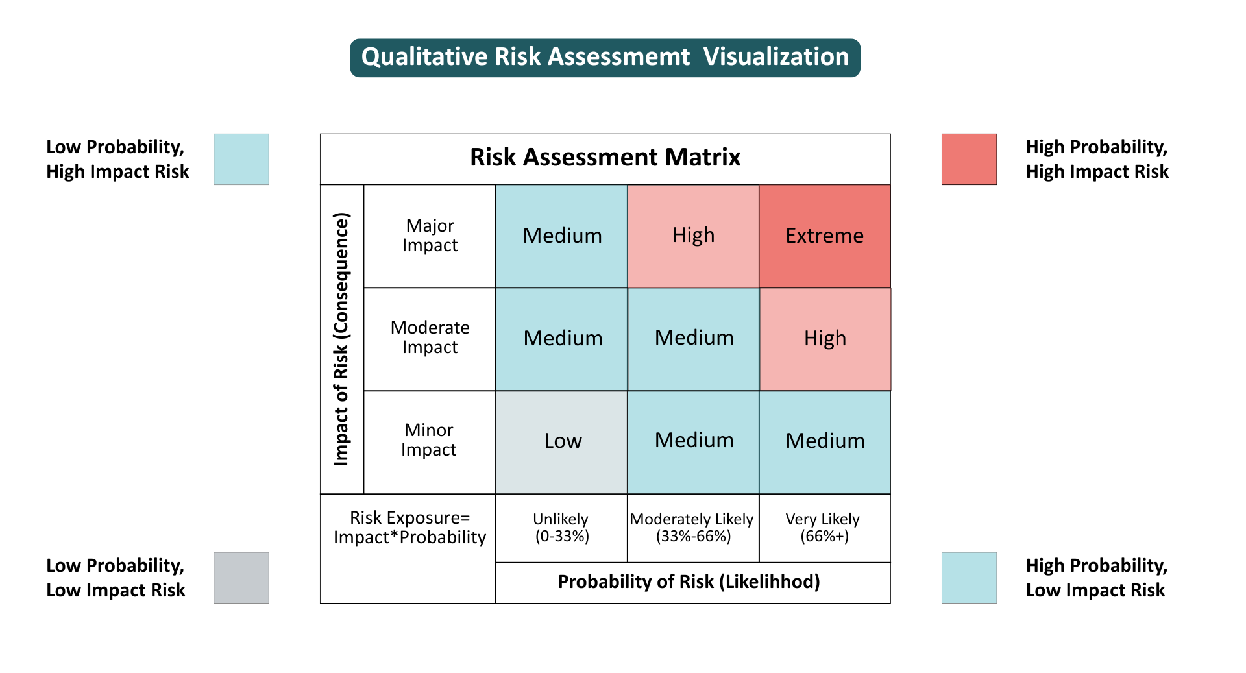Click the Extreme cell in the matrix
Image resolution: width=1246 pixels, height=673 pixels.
pyautogui.click(x=825, y=236)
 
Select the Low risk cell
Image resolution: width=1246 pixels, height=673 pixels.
pyautogui.click(x=561, y=442)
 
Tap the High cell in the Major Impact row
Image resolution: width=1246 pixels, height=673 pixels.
pyautogui.click(x=693, y=236)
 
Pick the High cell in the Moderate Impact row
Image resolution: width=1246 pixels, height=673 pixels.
pyautogui.click(x=825, y=339)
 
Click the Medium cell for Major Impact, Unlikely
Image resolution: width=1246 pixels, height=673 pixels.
pyautogui.click(x=561, y=236)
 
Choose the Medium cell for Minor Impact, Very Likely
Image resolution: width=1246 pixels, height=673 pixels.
pyautogui.click(x=825, y=442)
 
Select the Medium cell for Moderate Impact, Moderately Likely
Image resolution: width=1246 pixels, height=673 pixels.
pyautogui.click(x=693, y=339)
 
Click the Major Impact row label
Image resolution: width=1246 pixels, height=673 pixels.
pyautogui.click(x=430, y=236)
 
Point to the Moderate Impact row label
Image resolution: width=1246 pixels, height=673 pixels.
pyautogui.click(x=430, y=337)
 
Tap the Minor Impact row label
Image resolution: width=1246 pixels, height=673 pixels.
pyautogui.click(x=429, y=440)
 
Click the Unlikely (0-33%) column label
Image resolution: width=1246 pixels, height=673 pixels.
pyautogui.click(x=561, y=528)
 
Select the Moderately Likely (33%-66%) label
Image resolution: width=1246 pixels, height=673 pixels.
pyautogui.click(x=692, y=528)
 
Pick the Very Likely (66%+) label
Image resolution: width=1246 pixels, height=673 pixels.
pyautogui.click(x=824, y=528)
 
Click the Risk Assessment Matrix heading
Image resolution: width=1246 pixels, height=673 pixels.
pyautogui.click(x=605, y=157)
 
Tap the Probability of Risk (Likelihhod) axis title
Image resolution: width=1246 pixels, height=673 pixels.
pyautogui.click(x=689, y=582)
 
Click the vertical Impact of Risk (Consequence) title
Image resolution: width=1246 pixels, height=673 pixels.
pyautogui.click(x=341, y=339)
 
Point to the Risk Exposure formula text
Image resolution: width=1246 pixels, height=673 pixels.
pyautogui.click(x=409, y=528)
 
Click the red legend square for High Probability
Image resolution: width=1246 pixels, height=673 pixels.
pyautogui.click(x=969, y=160)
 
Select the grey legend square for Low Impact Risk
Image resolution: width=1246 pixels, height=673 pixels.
pyautogui.click(x=241, y=578)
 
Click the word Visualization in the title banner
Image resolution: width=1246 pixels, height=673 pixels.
pyautogui.click(x=776, y=57)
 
